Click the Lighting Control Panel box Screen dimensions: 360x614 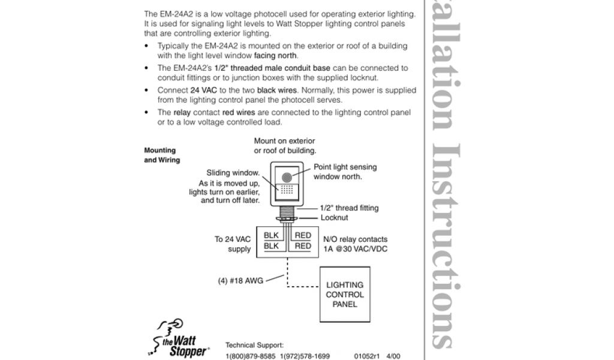point(345,295)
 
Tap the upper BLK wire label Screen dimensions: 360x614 point(272,236)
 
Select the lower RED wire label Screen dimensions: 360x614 point(303,246)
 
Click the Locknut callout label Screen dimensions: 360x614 point(334,218)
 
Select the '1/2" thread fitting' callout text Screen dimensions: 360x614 point(349,208)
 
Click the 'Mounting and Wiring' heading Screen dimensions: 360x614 point(161,155)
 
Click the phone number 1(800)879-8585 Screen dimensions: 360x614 point(250,356)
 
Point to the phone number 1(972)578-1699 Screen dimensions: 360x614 point(305,356)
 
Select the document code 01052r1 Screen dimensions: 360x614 point(367,356)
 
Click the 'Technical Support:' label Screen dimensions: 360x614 point(254,346)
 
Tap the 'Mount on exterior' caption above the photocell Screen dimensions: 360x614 point(284,141)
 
